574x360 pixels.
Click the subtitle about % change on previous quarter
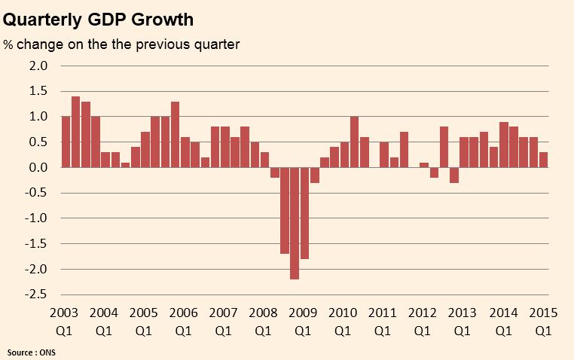point(121,44)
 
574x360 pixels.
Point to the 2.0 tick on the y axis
point(38,66)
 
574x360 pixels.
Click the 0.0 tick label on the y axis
point(38,168)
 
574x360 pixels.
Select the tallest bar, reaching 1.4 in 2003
point(75,132)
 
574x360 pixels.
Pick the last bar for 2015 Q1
point(544,160)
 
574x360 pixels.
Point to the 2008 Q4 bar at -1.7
point(285,210)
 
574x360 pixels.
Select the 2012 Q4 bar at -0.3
point(454,175)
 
